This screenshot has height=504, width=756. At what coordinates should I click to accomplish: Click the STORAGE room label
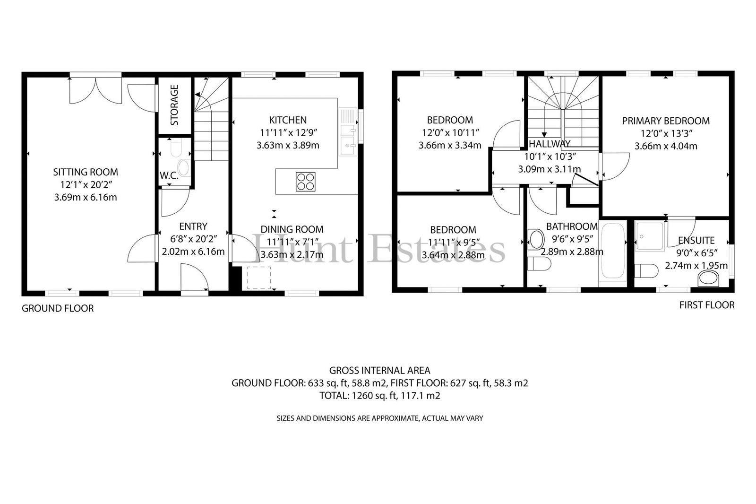pos(174,105)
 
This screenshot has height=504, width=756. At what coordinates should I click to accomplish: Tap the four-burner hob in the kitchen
pos(305,182)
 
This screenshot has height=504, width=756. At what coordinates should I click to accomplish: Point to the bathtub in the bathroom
pos(612,251)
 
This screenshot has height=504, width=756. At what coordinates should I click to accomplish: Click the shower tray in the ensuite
pos(650,236)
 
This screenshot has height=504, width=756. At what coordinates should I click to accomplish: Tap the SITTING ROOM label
pos(86,172)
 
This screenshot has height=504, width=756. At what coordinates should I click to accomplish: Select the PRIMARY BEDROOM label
pos(666,121)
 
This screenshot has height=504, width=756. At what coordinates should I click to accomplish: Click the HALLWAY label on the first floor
pos(550,144)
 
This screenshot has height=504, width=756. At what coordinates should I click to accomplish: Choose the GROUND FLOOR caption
pos(58,308)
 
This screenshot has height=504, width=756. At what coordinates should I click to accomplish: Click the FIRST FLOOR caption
pos(707,305)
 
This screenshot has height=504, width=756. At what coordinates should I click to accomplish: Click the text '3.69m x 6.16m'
pos(86,197)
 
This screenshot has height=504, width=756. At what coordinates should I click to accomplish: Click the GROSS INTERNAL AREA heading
pos(380,371)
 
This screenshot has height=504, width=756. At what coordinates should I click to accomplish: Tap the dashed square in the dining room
pos(259,278)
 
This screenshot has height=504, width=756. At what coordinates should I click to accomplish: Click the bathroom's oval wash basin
pos(536,240)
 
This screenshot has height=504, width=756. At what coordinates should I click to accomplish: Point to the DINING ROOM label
pos(292,229)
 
